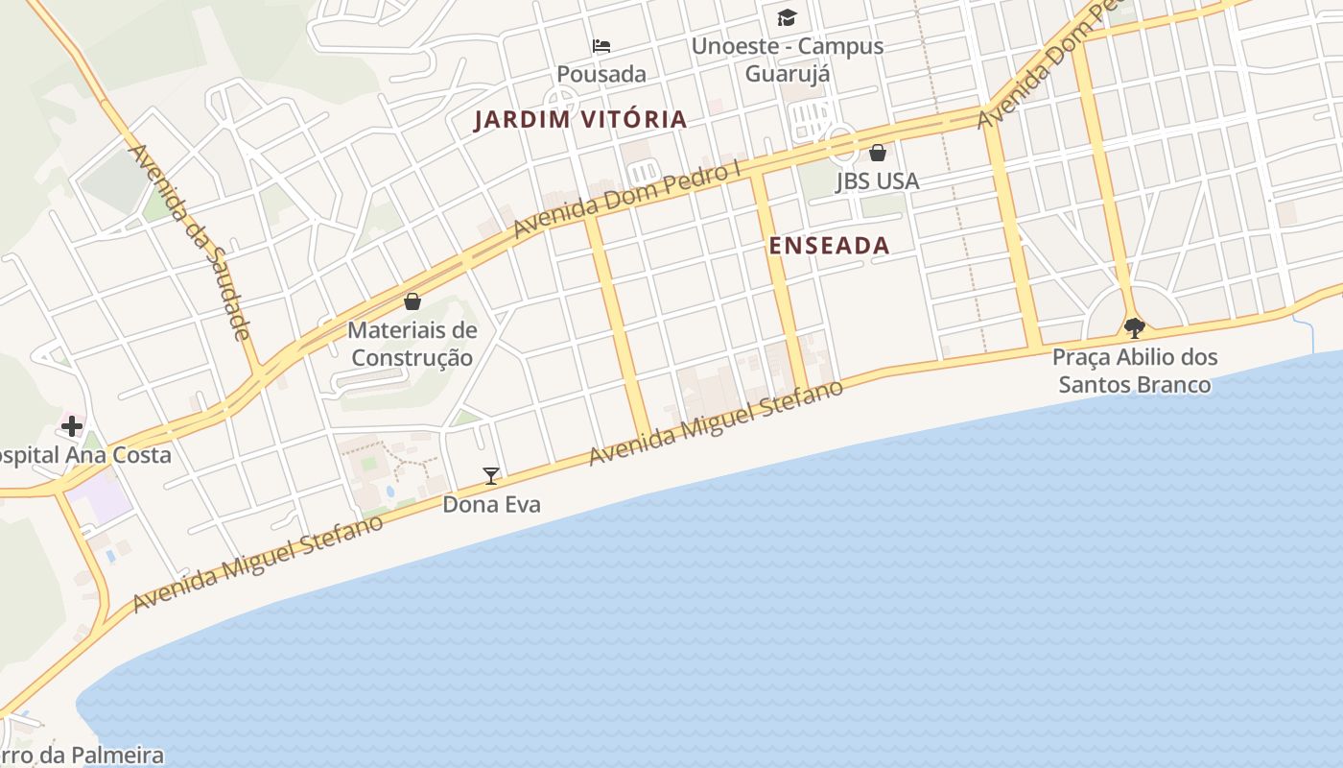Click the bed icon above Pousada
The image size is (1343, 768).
(x=601, y=45)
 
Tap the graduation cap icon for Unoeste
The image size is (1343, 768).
(x=787, y=17)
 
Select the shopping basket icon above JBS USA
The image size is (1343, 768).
(x=877, y=152)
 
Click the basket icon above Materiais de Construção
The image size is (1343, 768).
(x=412, y=301)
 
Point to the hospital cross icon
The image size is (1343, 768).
(x=72, y=426)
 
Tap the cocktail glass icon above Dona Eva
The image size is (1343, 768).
(x=491, y=475)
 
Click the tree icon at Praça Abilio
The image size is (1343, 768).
(x=1134, y=328)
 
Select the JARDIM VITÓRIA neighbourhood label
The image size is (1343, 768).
(x=581, y=120)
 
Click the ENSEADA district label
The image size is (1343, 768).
(x=830, y=246)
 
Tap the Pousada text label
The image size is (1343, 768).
(x=601, y=74)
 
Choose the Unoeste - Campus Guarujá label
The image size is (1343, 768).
(x=788, y=60)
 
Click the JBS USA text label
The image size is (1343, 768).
(x=877, y=180)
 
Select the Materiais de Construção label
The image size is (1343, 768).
(x=412, y=344)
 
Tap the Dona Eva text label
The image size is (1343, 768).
(x=491, y=504)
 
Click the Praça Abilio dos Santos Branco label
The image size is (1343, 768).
(x=1135, y=371)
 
